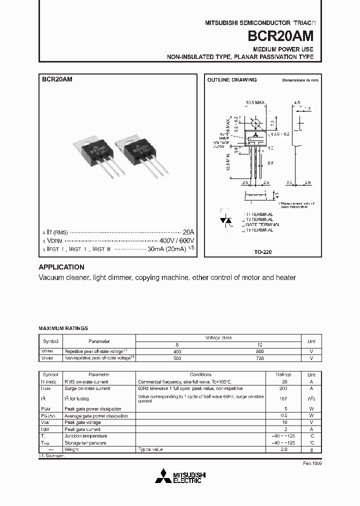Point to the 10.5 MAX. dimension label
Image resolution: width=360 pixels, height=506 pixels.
coord(255,103)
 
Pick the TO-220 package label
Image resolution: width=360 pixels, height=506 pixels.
coord(263,252)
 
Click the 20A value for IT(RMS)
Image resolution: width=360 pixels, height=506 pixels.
coord(188,232)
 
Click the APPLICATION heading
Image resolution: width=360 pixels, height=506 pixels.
coord(61,267)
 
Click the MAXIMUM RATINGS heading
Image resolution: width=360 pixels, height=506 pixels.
coord(63,328)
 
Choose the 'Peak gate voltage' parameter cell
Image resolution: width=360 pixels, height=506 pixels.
coord(82,422)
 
